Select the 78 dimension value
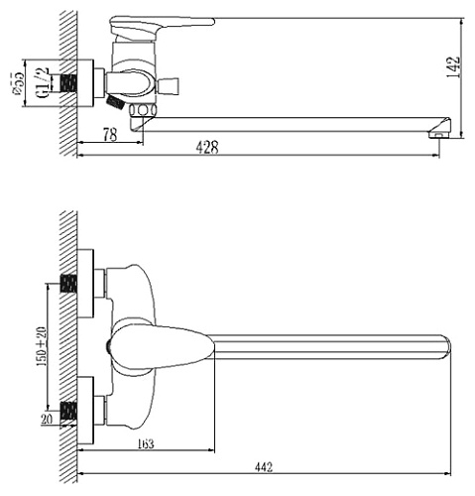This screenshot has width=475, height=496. click(109, 135)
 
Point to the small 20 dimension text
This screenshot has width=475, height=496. click(46, 420)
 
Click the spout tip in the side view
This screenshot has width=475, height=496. click(437, 130)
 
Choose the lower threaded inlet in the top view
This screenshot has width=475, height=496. click(68, 408)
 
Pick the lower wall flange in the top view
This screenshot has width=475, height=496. click(87, 407)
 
